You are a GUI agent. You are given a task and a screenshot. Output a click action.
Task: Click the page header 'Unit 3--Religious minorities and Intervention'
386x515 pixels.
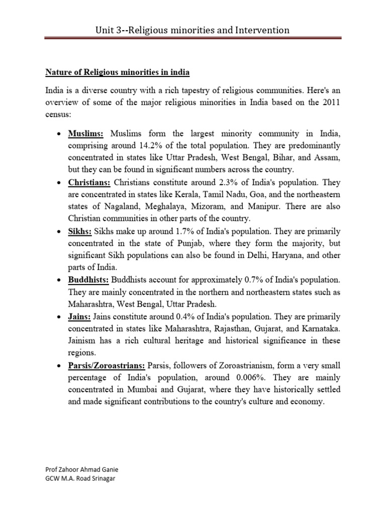[x=192, y=30]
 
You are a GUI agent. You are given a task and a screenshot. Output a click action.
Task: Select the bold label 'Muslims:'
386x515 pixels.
[x=86, y=133]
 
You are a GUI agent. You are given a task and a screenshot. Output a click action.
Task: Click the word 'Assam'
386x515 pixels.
[x=327, y=157]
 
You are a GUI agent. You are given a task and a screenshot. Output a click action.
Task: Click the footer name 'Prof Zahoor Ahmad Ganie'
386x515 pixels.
[x=82, y=469]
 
